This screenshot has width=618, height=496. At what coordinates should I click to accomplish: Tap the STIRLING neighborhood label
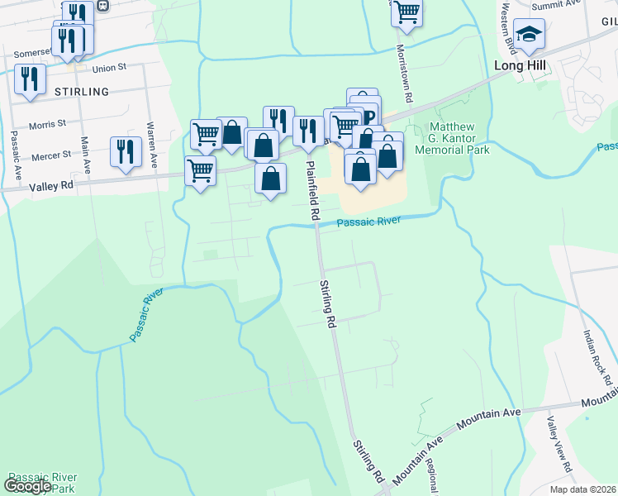(81, 91)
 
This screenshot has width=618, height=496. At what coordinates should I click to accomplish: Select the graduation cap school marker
(529, 34)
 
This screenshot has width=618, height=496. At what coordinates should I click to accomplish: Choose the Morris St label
(47, 124)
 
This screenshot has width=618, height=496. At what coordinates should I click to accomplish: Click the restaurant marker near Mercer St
(126, 150)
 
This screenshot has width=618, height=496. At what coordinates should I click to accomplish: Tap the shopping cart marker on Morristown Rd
(406, 12)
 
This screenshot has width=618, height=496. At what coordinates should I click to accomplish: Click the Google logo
(27, 486)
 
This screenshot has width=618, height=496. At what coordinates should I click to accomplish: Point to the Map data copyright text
(582, 489)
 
